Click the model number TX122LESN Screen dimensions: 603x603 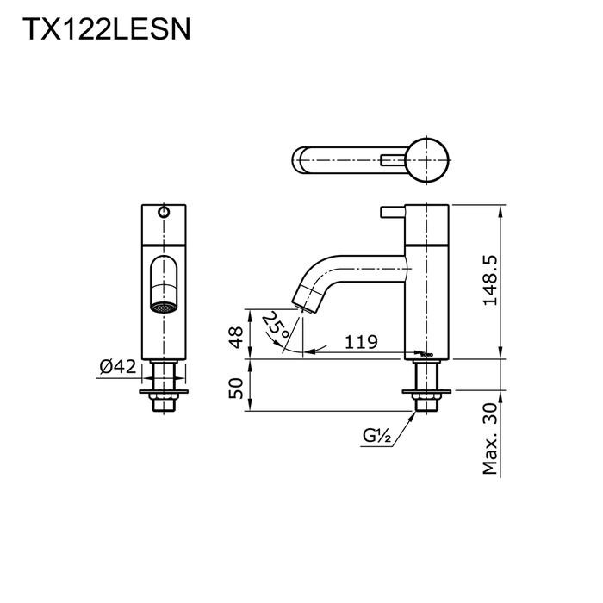(x=105, y=32)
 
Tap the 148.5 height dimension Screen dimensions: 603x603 (x=490, y=281)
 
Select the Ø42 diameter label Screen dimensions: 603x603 (x=118, y=367)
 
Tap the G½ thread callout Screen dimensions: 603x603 (x=376, y=438)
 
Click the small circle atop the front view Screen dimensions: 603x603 (x=164, y=212)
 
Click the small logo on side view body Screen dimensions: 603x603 (x=421, y=351)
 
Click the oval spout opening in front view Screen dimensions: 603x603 (x=164, y=280)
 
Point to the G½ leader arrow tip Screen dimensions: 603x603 (x=420, y=411)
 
